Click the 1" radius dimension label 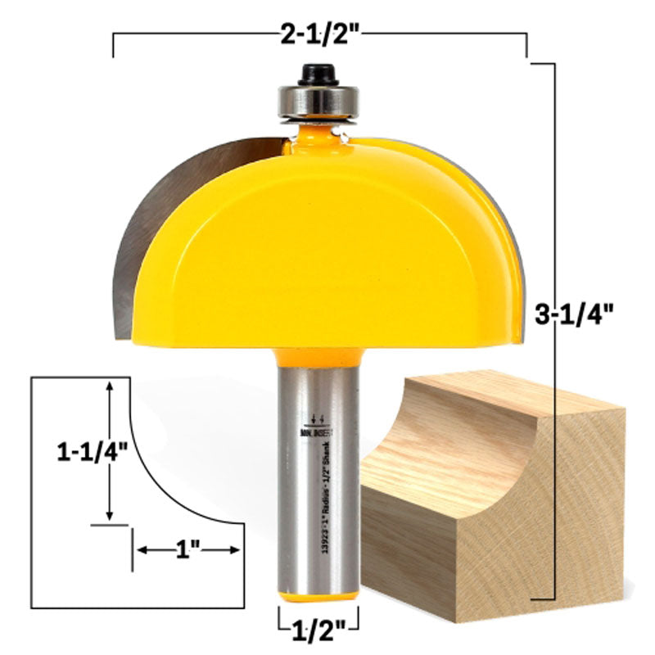[187, 551]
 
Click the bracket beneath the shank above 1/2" [319, 612]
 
